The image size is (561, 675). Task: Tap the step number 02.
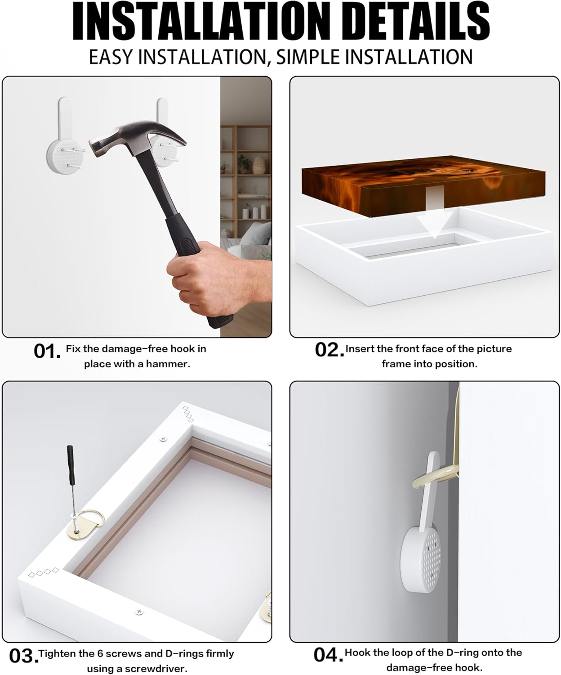point(329,350)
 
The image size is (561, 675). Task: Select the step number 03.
point(23,656)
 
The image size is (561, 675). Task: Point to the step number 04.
point(328,655)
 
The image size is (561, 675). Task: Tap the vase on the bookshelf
point(258,165)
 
